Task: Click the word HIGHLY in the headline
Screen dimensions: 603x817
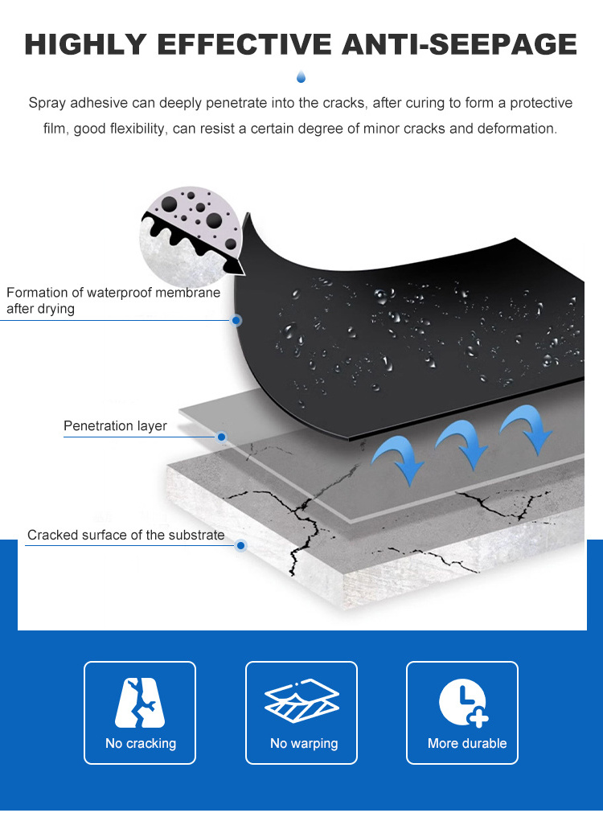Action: [x=85, y=43]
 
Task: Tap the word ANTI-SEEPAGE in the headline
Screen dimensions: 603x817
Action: [x=459, y=43]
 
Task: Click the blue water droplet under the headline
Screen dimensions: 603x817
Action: [x=301, y=76]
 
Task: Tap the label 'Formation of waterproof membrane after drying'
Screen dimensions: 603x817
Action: [x=113, y=300]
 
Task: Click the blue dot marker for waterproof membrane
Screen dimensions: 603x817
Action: [x=236, y=320]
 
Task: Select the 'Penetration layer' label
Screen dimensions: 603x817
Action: [x=115, y=425]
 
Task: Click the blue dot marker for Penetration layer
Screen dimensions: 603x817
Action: [x=221, y=437]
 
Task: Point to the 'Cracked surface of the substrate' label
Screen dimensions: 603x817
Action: [x=126, y=535]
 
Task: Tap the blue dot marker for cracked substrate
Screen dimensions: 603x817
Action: [x=240, y=545]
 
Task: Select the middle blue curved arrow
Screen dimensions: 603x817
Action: [x=464, y=443]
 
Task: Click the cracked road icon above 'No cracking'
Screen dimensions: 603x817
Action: [x=140, y=702]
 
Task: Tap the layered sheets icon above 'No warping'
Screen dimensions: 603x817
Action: [x=301, y=700]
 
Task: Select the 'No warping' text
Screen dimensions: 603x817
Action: [x=304, y=744]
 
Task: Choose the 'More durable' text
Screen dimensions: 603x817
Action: [x=467, y=743]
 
